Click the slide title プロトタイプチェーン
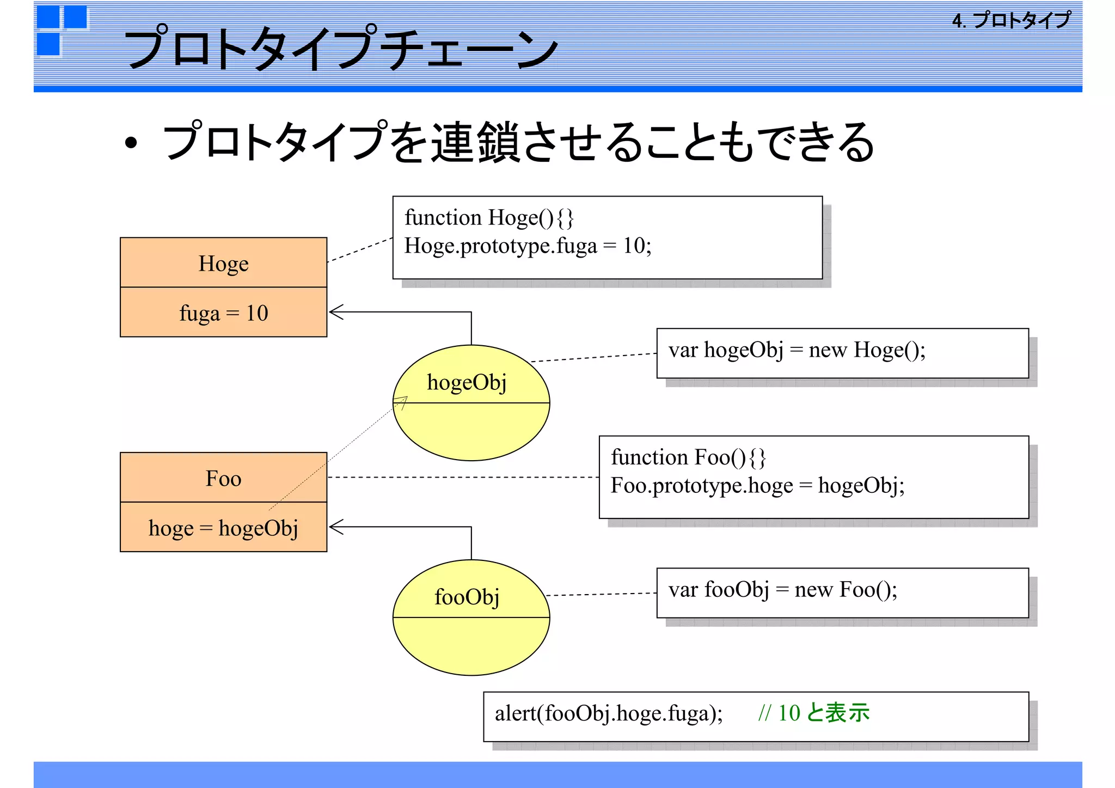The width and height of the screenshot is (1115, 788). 342,48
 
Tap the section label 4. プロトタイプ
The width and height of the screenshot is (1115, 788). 1012,21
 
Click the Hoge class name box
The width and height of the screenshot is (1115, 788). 223,263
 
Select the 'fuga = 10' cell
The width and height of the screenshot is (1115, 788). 223,313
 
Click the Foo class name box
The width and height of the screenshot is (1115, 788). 223,478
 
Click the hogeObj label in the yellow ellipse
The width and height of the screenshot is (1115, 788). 467,382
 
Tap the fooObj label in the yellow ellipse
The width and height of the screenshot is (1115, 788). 467,597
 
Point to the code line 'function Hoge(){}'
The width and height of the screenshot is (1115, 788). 489,218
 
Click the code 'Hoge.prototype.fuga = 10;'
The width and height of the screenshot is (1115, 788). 528,246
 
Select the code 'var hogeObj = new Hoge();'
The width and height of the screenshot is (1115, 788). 797,350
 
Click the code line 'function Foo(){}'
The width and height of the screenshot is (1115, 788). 688,457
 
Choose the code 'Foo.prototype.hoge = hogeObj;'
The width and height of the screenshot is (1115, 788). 757,485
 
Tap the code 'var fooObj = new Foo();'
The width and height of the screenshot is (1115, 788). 782,590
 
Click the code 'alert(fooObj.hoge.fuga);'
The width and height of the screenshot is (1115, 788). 609,713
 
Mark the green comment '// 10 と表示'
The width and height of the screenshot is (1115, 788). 813,713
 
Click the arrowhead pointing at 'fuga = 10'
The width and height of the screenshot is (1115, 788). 335,312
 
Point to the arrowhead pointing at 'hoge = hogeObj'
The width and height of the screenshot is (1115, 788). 335,527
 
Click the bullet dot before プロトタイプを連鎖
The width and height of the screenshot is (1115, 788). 131,143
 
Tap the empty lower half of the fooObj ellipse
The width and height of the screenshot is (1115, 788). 471,645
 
